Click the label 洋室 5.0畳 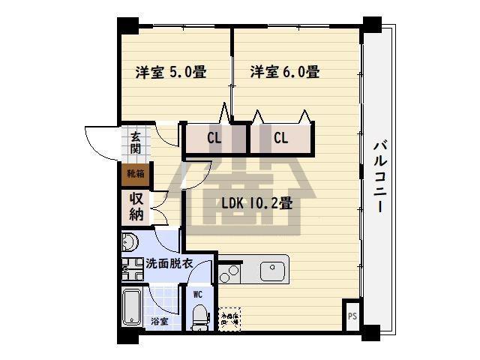pyautogui.click(x=171, y=73)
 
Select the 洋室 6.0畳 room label pyautogui.click(x=285, y=73)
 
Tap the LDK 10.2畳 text pyautogui.click(x=256, y=202)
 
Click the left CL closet pyautogui.click(x=214, y=139)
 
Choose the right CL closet pyautogui.click(x=281, y=139)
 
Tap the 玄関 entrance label pyautogui.click(x=136, y=142)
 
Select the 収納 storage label pyautogui.click(x=136, y=205)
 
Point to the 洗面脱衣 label pyautogui.click(x=169, y=264)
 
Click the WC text pyautogui.click(x=198, y=295)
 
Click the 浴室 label pyautogui.click(x=159, y=321)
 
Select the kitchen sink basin pyautogui.click(x=274, y=270)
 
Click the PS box pyautogui.click(x=352, y=316)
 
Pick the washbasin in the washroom pyautogui.click(x=129, y=242)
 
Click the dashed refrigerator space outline pyautogui.click(x=229, y=318)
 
